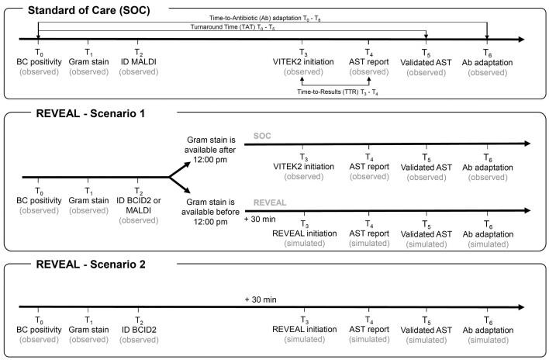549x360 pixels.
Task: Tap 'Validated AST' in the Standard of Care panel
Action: pos(426,58)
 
